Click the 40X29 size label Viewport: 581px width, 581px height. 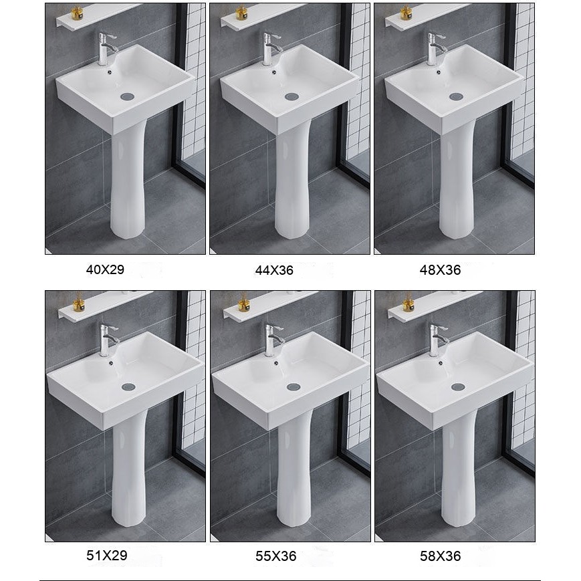[105, 269]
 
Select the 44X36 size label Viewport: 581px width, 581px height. [274, 270]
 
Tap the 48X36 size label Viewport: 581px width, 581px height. [440, 270]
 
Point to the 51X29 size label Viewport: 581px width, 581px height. [107, 555]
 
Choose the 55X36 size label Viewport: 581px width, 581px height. [275, 556]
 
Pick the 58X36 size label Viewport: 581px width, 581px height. [440, 556]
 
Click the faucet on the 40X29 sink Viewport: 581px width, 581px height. [106, 49]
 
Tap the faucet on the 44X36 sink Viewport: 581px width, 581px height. [271, 49]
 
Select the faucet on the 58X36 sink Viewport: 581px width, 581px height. [438, 340]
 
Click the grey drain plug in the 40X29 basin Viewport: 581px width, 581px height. [128, 96]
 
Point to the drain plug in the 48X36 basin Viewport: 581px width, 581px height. [456, 97]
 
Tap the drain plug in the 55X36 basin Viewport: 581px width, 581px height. [293, 387]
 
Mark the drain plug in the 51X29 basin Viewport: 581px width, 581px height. [128, 387]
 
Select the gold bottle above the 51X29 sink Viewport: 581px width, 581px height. [78, 303]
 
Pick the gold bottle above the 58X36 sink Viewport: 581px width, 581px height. [408, 303]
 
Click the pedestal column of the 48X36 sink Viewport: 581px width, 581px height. [457, 182]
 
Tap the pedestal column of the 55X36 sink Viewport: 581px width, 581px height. [294, 471]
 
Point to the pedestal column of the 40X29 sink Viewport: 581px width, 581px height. [128, 182]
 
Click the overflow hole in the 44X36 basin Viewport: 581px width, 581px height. [275, 72]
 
